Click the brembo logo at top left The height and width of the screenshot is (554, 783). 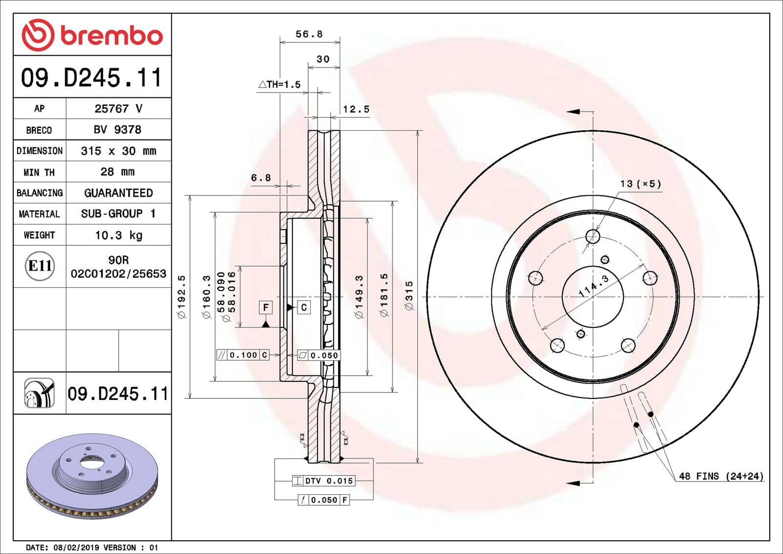pyautogui.click(x=92, y=35)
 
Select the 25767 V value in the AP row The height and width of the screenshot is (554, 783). pyautogui.click(x=118, y=109)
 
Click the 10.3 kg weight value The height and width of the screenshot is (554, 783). pyautogui.click(x=118, y=235)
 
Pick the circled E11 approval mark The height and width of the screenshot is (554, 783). pyautogui.click(x=40, y=266)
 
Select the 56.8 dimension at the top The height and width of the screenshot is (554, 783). pyautogui.click(x=309, y=34)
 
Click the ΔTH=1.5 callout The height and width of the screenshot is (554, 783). pyautogui.click(x=279, y=85)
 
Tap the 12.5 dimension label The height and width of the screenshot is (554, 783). pyautogui.click(x=356, y=109)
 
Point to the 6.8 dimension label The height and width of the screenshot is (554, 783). pyautogui.click(x=261, y=178)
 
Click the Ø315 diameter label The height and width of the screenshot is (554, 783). pyautogui.click(x=409, y=296)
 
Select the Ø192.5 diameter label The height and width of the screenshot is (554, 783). pyautogui.click(x=182, y=297)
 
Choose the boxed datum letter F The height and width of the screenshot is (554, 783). pyautogui.click(x=265, y=307)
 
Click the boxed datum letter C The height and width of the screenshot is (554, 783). pyautogui.click(x=304, y=307)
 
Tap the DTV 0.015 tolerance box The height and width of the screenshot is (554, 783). pyautogui.click(x=323, y=481)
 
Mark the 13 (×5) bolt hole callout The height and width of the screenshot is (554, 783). pyautogui.click(x=640, y=184)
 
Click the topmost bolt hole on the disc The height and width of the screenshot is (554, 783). pyautogui.click(x=593, y=237)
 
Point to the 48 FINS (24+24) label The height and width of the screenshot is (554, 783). pyautogui.click(x=720, y=476)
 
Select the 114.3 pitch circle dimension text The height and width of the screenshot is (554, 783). pyautogui.click(x=593, y=286)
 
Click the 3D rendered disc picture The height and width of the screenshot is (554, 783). pyautogui.click(x=92, y=476)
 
